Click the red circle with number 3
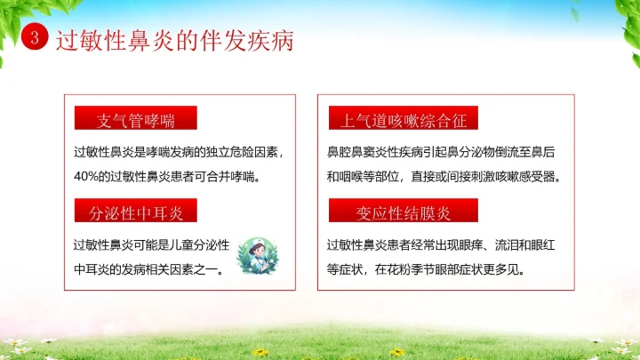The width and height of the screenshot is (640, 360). click(34, 40)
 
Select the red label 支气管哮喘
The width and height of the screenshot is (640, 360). click(135, 120)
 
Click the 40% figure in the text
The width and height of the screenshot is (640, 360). click(86, 176)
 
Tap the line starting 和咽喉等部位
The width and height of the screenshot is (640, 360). click(444, 176)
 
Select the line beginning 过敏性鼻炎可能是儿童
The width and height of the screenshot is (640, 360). click(152, 244)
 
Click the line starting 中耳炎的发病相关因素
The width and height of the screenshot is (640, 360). click(148, 268)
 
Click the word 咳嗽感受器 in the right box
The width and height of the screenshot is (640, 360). click(532, 176)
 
